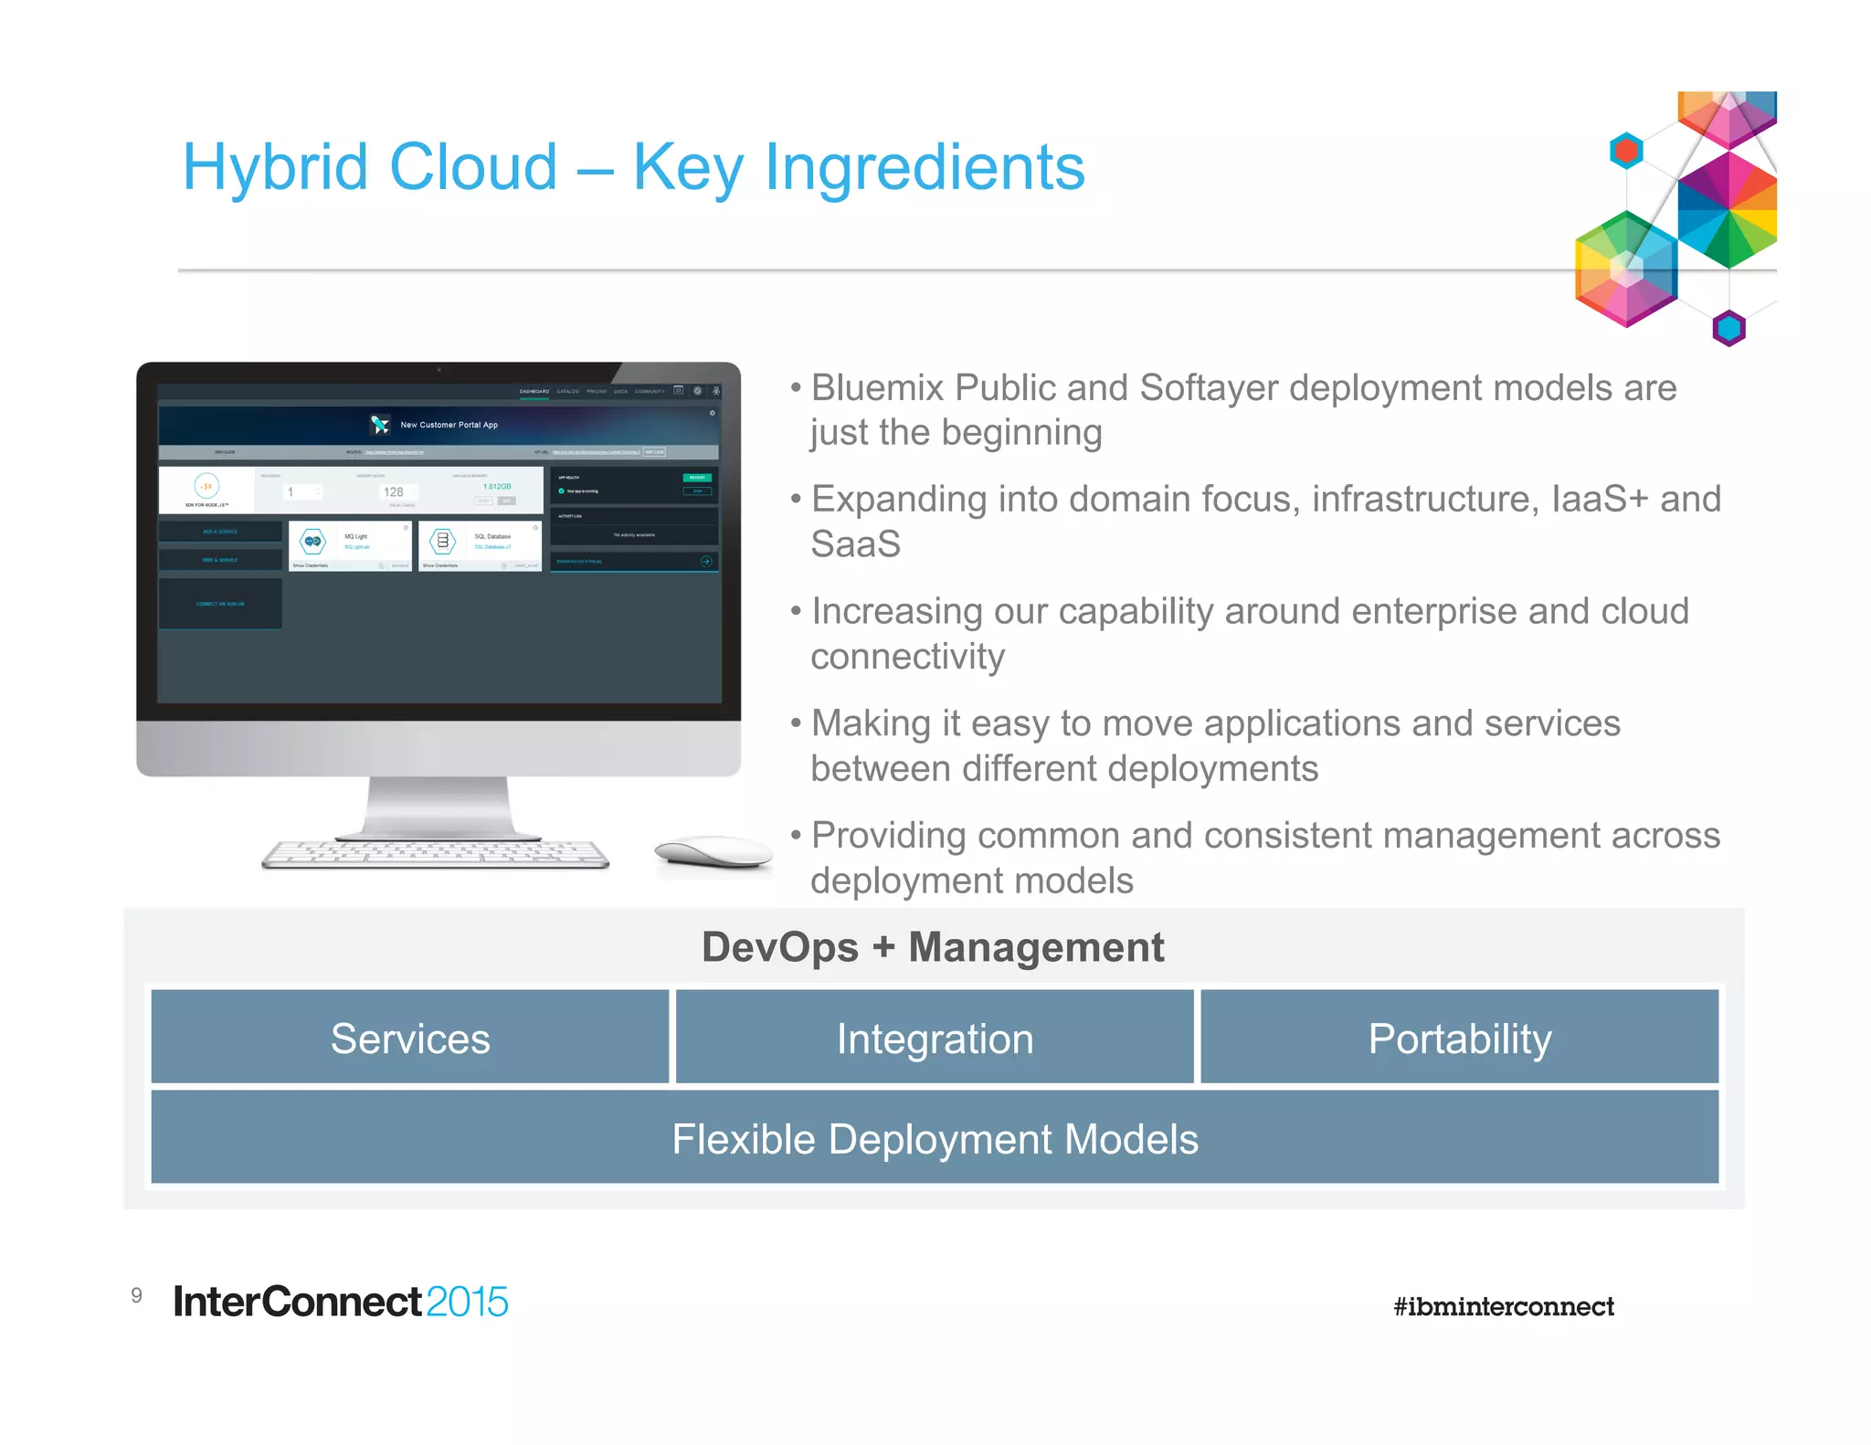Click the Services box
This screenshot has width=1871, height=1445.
pos(410,1038)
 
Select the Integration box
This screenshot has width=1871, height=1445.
pos(935,1038)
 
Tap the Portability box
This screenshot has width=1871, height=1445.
pos(1459,1038)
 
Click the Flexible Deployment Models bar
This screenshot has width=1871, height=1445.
pos(935,1138)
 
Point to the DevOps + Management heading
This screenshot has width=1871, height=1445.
pos(933,947)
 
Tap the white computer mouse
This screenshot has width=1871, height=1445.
pos(714,851)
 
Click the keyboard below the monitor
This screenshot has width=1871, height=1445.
pos(436,853)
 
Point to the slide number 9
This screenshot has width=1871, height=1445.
pos(137,1295)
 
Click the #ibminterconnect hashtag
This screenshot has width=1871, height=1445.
pos(1503,1306)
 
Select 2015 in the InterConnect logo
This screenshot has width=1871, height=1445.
pos(467,1302)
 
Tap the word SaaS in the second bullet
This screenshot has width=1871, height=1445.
pos(855,544)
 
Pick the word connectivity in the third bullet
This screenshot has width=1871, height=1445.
pos(907,657)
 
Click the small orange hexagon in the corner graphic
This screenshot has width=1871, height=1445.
pos(1626,151)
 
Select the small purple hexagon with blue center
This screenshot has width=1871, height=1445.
pos(1728,327)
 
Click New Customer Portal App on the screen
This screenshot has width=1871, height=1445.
pos(449,425)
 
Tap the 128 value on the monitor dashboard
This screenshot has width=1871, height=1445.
pos(393,491)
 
